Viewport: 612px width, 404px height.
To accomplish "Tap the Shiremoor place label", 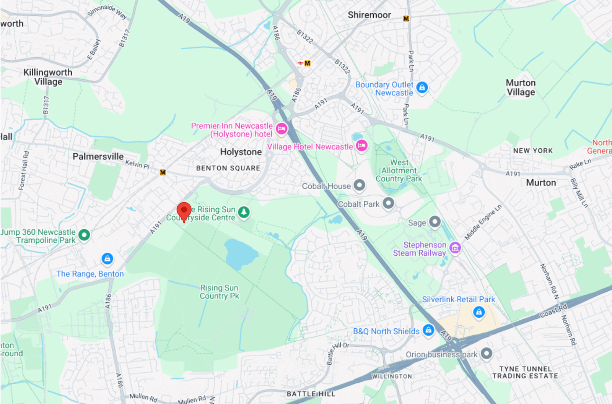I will click(369, 15).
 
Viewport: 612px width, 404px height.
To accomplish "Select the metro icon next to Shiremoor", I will click(406, 18).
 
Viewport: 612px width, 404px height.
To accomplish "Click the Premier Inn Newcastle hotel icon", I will click(282, 129).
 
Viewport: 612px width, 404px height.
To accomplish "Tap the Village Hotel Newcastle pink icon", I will click(362, 146).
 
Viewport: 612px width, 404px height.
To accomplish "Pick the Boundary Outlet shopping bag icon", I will click(422, 88).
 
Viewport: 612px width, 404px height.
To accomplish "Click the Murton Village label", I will click(521, 88).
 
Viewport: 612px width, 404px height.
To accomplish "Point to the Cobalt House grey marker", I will click(359, 185).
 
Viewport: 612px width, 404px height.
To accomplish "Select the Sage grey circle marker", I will click(435, 222).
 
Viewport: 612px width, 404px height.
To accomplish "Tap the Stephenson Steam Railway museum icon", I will click(455, 248).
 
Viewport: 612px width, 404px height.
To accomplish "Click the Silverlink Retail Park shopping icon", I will click(479, 312).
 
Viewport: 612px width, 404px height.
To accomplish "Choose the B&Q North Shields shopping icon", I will click(428, 330).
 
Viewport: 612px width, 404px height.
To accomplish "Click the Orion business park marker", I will click(486, 354).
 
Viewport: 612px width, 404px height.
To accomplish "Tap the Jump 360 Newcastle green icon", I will click(84, 235).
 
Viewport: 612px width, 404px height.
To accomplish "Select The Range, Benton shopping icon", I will click(107, 259).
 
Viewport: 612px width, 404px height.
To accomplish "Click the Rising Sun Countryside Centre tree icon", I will click(244, 212).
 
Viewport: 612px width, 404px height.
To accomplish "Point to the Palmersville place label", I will click(98, 156).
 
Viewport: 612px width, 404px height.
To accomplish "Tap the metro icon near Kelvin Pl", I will click(163, 172).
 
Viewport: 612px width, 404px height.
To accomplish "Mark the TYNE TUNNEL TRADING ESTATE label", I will click(525, 372).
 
